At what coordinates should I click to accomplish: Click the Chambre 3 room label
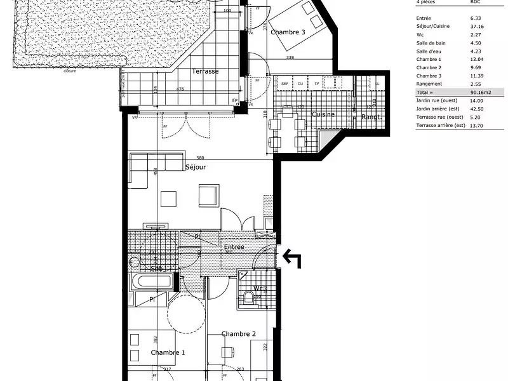(288, 32)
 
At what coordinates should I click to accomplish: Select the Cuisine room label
(323, 114)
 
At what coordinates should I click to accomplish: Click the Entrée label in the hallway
(234, 246)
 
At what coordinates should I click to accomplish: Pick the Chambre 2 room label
(238, 334)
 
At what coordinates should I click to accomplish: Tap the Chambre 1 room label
(168, 352)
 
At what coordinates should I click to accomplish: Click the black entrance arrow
(291, 257)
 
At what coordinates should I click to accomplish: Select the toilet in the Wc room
(248, 297)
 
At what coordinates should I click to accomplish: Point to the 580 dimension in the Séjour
(200, 158)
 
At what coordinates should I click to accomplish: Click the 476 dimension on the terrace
(180, 89)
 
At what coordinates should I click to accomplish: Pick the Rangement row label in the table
(429, 84)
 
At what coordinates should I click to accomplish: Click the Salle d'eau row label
(429, 51)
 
